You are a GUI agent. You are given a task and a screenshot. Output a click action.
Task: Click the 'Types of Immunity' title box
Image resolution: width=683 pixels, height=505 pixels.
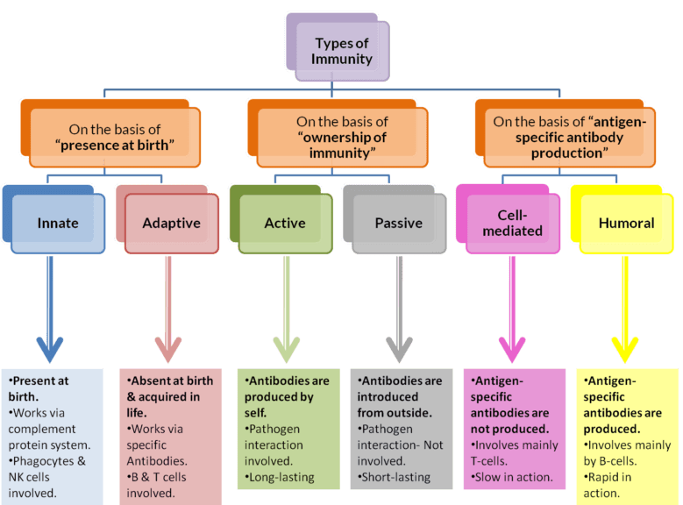point(341,50)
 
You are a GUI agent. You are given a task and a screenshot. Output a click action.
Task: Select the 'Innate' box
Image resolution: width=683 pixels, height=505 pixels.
point(58,223)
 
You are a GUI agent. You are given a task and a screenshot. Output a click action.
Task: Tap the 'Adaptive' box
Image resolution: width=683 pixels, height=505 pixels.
point(171,223)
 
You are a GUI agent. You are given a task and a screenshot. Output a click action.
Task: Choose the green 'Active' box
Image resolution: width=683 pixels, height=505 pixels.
point(284,223)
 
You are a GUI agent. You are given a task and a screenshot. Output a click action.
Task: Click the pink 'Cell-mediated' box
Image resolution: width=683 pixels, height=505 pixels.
point(513,223)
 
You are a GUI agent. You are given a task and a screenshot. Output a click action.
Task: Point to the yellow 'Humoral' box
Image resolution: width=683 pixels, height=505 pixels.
point(626,223)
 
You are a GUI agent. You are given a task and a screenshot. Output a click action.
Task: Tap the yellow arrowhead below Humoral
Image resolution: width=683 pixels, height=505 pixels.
point(625,345)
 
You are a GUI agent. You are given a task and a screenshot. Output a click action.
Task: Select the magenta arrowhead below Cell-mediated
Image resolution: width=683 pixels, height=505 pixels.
point(512,345)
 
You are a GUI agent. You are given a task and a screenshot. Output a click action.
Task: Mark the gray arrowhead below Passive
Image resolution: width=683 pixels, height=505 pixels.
point(399,345)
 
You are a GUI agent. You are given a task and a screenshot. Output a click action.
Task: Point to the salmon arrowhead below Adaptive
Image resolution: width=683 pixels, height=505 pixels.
point(166,345)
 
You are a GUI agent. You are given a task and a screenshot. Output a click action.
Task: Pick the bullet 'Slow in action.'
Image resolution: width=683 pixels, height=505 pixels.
point(513,477)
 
